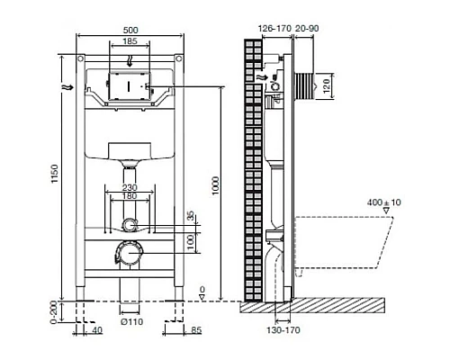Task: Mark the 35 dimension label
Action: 189,217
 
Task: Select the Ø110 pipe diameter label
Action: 132,322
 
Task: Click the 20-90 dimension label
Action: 307,28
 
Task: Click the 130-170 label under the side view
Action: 284,329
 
